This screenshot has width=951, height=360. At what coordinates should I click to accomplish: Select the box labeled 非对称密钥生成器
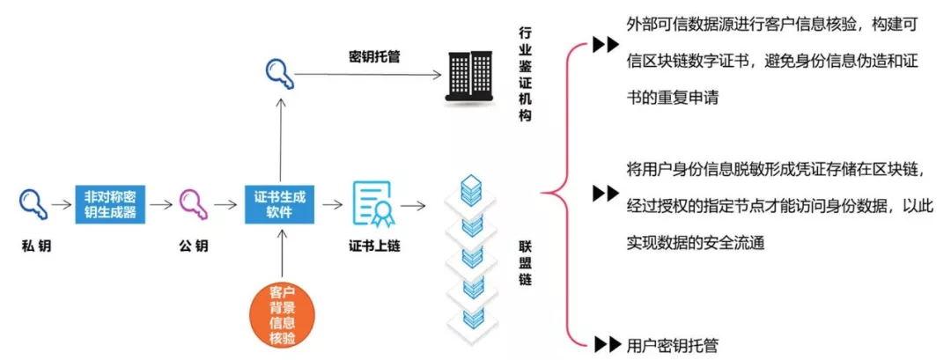point(114,203)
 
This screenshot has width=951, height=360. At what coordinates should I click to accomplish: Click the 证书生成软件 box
point(279,203)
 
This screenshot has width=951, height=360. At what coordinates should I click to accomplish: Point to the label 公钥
point(193,246)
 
